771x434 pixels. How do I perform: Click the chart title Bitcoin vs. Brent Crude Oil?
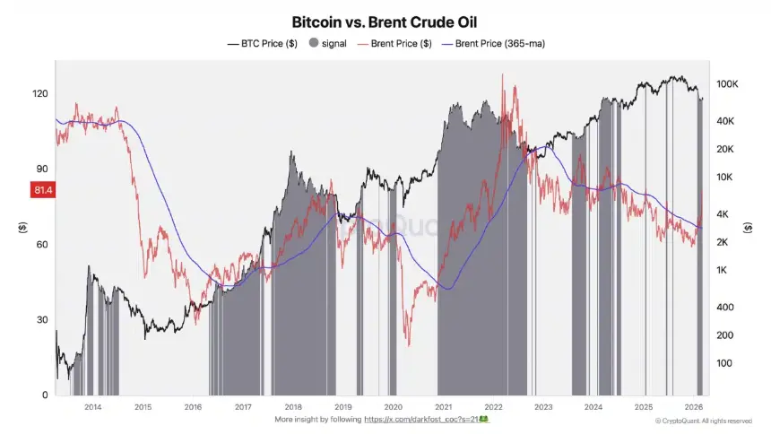click(x=385, y=21)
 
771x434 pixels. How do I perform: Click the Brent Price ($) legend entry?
click(x=395, y=42)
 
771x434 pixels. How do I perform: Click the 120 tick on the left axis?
click(x=40, y=93)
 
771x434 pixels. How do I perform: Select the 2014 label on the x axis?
click(x=92, y=406)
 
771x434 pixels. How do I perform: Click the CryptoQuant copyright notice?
click(x=704, y=421)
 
